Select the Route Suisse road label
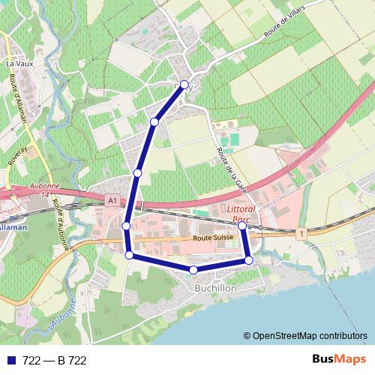[214, 238]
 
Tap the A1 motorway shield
[112, 201]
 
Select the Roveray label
[17, 155]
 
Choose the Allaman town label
[13, 226]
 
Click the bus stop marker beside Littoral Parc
[242, 225]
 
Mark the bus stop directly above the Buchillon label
[193, 269]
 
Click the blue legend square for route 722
[11, 361]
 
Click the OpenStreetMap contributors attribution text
[310, 336]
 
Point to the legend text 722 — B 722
[55, 361]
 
